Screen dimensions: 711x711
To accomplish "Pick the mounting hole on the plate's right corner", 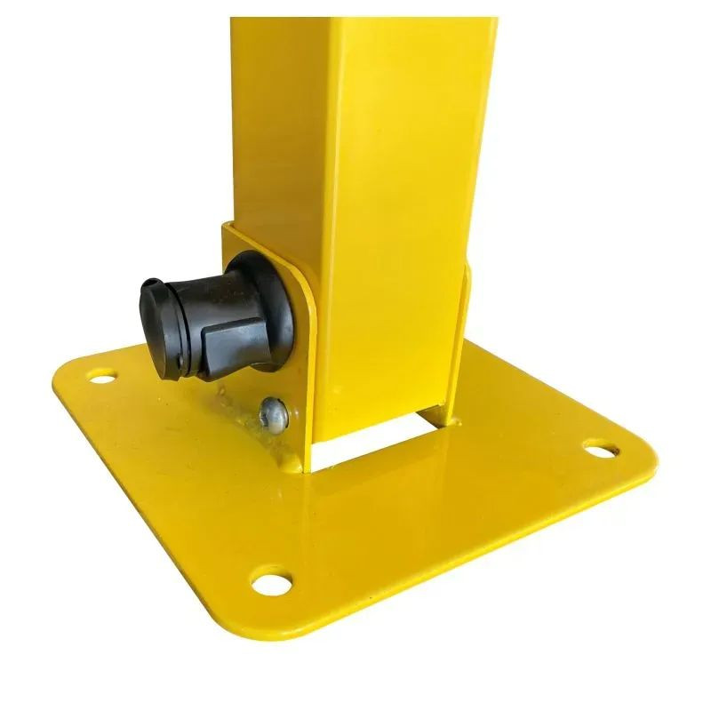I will click(604, 449).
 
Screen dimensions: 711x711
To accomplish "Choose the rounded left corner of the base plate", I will click(67, 373).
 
